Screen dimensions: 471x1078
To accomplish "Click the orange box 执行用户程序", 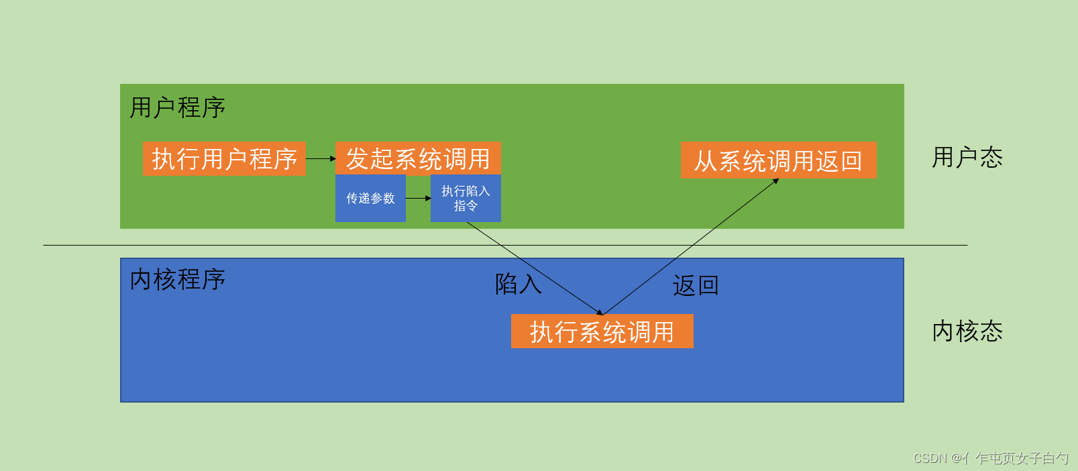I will pyautogui.click(x=224, y=159).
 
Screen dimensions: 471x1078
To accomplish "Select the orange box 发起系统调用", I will pyautogui.click(x=418, y=159).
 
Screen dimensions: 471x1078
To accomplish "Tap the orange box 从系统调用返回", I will pyautogui.click(x=778, y=160).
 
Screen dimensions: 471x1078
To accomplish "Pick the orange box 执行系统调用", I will pyautogui.click(x=602, y=331).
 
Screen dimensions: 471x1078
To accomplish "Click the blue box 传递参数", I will pyautogui.click(x=370, y=199).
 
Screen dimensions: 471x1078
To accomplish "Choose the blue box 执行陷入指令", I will pyautogui.click(x=466, y=199).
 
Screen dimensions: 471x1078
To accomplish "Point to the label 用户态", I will pyautogui.click(x=967, y=158).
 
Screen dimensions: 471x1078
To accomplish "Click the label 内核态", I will pyautogui.click(x=967, y=331).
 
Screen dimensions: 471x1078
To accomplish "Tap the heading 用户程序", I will pyautogui.click(x=177, y=107).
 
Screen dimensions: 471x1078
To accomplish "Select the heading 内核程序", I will pyautogui.click(x=177, y=279).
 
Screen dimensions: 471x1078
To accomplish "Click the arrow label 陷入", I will pyautogui.click(x=518, y=284).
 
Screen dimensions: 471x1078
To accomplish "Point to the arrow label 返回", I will pyautogui.click(x=696, y=286).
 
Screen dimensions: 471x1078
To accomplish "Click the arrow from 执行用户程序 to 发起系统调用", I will pyautogui.click(x=321, y=159).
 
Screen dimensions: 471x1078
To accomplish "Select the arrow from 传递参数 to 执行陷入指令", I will pyautogui.click(x=418, y=199).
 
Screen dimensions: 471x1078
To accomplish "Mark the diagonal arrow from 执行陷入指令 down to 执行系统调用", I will pyautogui.click(x=534, y=268).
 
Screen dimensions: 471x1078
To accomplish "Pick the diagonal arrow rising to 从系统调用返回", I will pyautogui.click(x=691, y=246).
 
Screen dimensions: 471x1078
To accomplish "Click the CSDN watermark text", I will pyautogui.click(x=990, y=458).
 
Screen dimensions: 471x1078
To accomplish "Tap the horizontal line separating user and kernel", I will pyautogui.click(x=268, y=245).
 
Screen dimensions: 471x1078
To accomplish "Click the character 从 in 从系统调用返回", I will pyautogui.click(x=706, y=161).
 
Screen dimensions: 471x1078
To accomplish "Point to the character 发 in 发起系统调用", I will pyautogui.click(x=358, y=159).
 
